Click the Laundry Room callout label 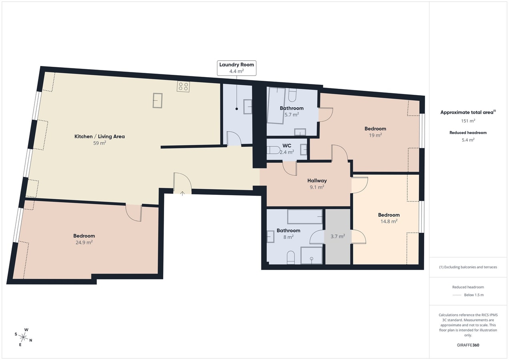pyautogui.click(x=236, y=68)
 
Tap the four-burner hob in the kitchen pyautogui.click(x=183, y=86)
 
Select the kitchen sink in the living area pyautogui.click(x=158, y=100)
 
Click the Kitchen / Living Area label pyautogui.click(x=100, y=136)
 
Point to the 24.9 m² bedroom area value pyautogui.click(x=84, y=242)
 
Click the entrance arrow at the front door pyautogui.click(x=182, y=193)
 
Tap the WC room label pyautogui.click(x=287, y=146)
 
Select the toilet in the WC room pyautogui.click(x=273, y=150)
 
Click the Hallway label pyautogui.click(x=317, y=180)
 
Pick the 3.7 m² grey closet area pyautogui.click(x=338, y=236)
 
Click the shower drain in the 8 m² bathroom pyautogui.click(x=312, y=259)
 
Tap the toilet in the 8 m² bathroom pyautogui.click(x=291, y=258)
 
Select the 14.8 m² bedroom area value pyautogui.click(x=389, y=221)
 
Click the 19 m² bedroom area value pyautogui.click(x=375, y=135)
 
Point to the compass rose pyautogui.click(x=23, y=337)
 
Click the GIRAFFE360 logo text pyautogui.click(x=468, y=345)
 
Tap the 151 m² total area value pyautogui.click(x=468, y=121)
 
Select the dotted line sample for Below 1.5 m pyautogui.click(x=457, y=295)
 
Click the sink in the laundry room pyautogui.click(x=248, y=106)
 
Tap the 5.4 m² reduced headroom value pyautogui.click(x=468, y=140)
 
